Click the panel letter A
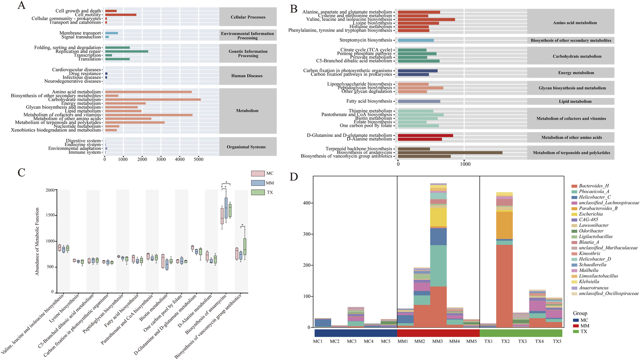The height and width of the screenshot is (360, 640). (x=21, y=6)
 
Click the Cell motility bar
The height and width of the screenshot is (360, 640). (x=121, y=15)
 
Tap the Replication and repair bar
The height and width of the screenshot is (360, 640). (x=126, y=51)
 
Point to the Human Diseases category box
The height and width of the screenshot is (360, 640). (x=247, y=76)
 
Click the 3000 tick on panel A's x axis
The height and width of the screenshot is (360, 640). (x=161, y=159)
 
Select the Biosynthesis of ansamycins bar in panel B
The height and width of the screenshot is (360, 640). (x=450, y=153)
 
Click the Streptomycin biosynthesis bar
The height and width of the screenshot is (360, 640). (x=416, y=40)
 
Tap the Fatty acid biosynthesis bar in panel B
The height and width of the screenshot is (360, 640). (x=419, y=102)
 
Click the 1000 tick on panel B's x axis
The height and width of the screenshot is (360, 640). (x=465, y=164)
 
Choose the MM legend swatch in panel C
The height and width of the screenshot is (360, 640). (x=258, y=183)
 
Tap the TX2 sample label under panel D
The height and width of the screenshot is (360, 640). (x=505, y=342)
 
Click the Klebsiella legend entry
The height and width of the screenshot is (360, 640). (x=589, y=282)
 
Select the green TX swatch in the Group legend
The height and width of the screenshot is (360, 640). (x=576, y=331)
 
